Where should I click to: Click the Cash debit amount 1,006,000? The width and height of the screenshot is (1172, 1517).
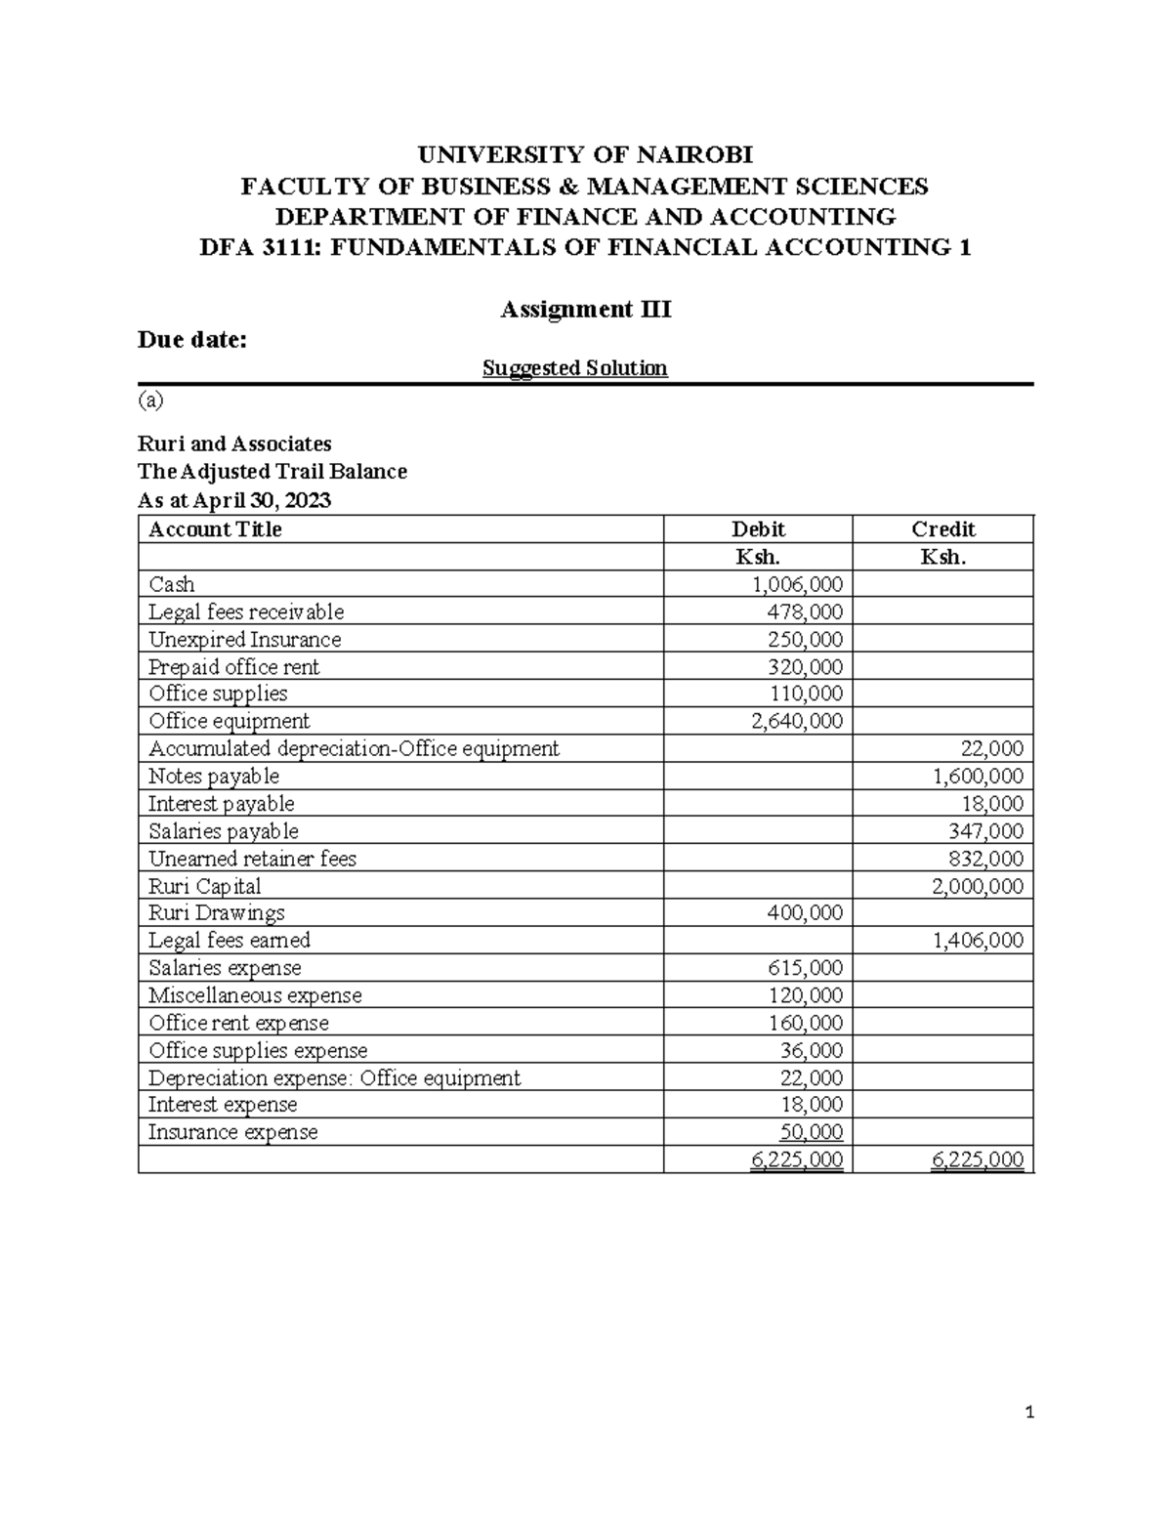[x=797, y=584]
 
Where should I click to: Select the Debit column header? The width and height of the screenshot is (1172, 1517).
[x=758, y=529]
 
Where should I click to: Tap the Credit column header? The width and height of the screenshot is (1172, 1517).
[x=942, y=529]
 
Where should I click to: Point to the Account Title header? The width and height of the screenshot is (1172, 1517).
[x=215, y=529]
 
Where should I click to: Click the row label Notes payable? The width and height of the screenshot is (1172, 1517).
[x=213, y=777]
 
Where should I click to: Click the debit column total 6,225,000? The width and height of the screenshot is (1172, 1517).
[x=796, y=1159]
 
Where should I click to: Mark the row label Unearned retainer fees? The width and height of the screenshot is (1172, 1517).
[x=252, y=859]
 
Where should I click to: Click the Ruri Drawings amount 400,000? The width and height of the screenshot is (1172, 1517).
[x=804, y=913]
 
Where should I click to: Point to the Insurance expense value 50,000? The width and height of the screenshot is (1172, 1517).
[x=811, y=1132]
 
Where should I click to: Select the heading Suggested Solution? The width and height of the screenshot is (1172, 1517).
[x=575, y=368]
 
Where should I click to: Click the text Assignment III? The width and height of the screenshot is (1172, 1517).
[x=585, y=310]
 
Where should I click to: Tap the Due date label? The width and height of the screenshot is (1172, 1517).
[x=192, y=340]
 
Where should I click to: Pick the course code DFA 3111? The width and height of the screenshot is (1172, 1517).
[x=259, y=247]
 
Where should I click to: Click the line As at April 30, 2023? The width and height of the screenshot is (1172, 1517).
[x=234, y=501]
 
